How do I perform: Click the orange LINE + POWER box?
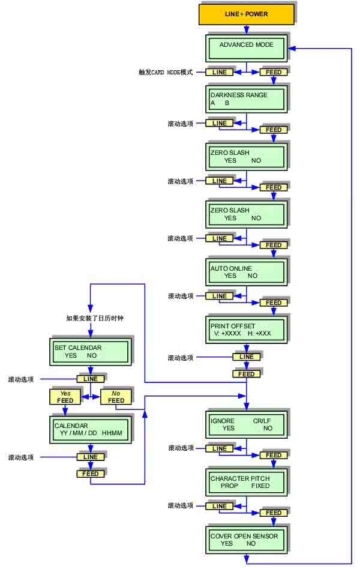246,14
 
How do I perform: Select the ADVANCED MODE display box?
246,48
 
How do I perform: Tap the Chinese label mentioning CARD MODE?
165,72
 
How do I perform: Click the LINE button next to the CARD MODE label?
220,72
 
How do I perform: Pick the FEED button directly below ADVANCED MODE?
274,72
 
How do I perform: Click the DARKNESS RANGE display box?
246,98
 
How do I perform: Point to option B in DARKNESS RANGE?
227,103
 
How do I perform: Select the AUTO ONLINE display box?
246,272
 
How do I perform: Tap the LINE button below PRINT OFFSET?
246,357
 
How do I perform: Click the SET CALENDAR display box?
89,351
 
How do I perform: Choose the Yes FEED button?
65,397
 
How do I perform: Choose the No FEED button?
116,397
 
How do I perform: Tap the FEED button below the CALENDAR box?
91,474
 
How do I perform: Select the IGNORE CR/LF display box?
246,424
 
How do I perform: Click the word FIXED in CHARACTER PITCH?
260,486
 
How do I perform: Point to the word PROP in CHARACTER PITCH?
229,486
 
